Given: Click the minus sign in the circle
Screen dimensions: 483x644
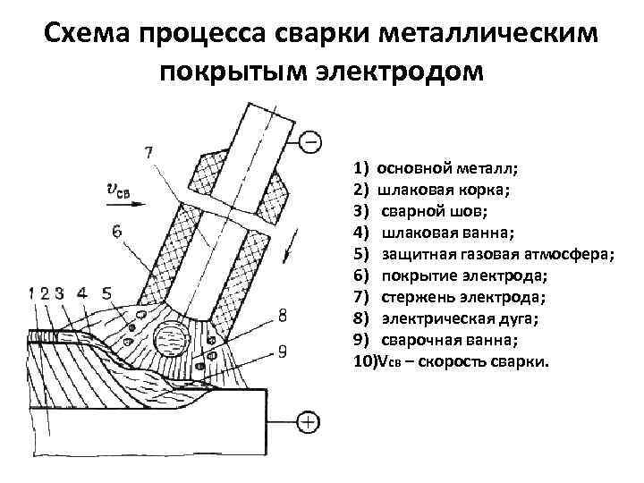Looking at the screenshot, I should [310, 141].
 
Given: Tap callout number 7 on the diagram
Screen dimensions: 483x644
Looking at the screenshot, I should [148, 153].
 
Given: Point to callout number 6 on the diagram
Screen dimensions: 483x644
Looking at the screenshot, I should [117, 231].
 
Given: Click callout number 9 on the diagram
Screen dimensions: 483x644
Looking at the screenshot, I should [283, 352].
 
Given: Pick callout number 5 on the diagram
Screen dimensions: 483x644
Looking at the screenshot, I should [107, 292].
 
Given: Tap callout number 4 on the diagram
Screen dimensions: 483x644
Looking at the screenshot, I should [82, 292].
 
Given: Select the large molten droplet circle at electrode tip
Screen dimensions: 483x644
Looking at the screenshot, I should [170, 341].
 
